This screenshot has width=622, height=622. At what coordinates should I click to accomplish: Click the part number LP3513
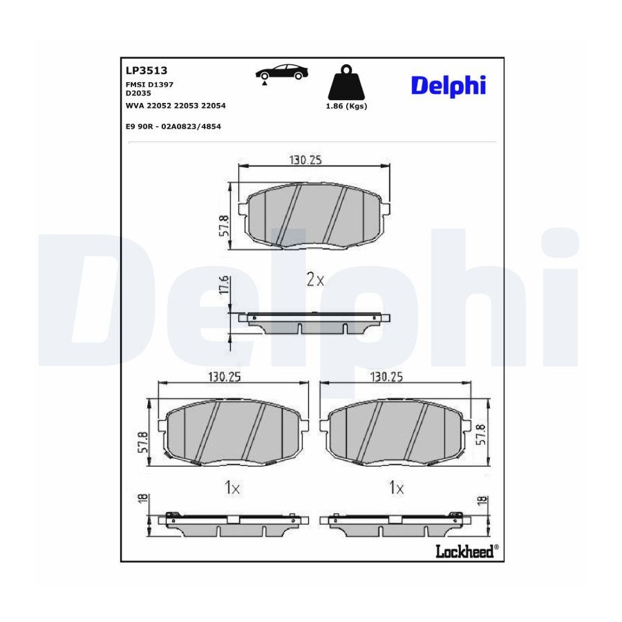147,70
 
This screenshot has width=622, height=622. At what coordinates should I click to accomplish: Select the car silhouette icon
282,73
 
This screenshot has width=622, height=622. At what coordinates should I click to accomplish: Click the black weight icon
347,82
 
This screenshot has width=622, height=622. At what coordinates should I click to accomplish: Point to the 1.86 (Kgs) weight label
346,106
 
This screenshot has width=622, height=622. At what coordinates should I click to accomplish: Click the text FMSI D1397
149,84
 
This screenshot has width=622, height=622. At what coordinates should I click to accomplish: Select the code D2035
138,93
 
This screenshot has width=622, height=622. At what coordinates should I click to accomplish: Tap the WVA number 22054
214,106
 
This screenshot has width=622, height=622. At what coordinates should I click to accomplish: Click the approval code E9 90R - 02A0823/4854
173,126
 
